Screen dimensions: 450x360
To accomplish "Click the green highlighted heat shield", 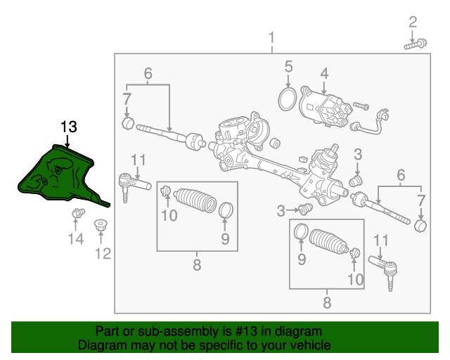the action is pos(62,175).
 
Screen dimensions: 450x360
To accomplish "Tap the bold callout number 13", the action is pos(69,127).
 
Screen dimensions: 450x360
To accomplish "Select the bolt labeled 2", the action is pos(416,44).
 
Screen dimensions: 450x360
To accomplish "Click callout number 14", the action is pos(76,238).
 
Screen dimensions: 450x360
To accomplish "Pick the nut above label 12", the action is pos(101,225).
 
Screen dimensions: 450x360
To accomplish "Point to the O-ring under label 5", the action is pos(288,99).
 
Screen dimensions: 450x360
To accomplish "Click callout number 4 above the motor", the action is pos(324,74).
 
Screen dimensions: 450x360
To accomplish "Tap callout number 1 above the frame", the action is pos(271,38).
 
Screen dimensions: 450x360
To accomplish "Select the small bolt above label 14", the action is pos(78,213).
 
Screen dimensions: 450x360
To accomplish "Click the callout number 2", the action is pos(413,22).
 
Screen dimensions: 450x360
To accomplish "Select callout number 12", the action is pos(103,254).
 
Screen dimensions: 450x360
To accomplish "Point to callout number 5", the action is pos(288,66).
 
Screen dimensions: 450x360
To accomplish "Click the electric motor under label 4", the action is pos(326,110).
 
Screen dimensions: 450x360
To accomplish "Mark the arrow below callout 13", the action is pos(67,141).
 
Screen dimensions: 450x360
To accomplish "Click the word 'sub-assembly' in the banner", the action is pos(178,332).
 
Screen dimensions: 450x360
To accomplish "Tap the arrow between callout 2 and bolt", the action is pos(412,36).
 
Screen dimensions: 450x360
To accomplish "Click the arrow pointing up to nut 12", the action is pos(101,237).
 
